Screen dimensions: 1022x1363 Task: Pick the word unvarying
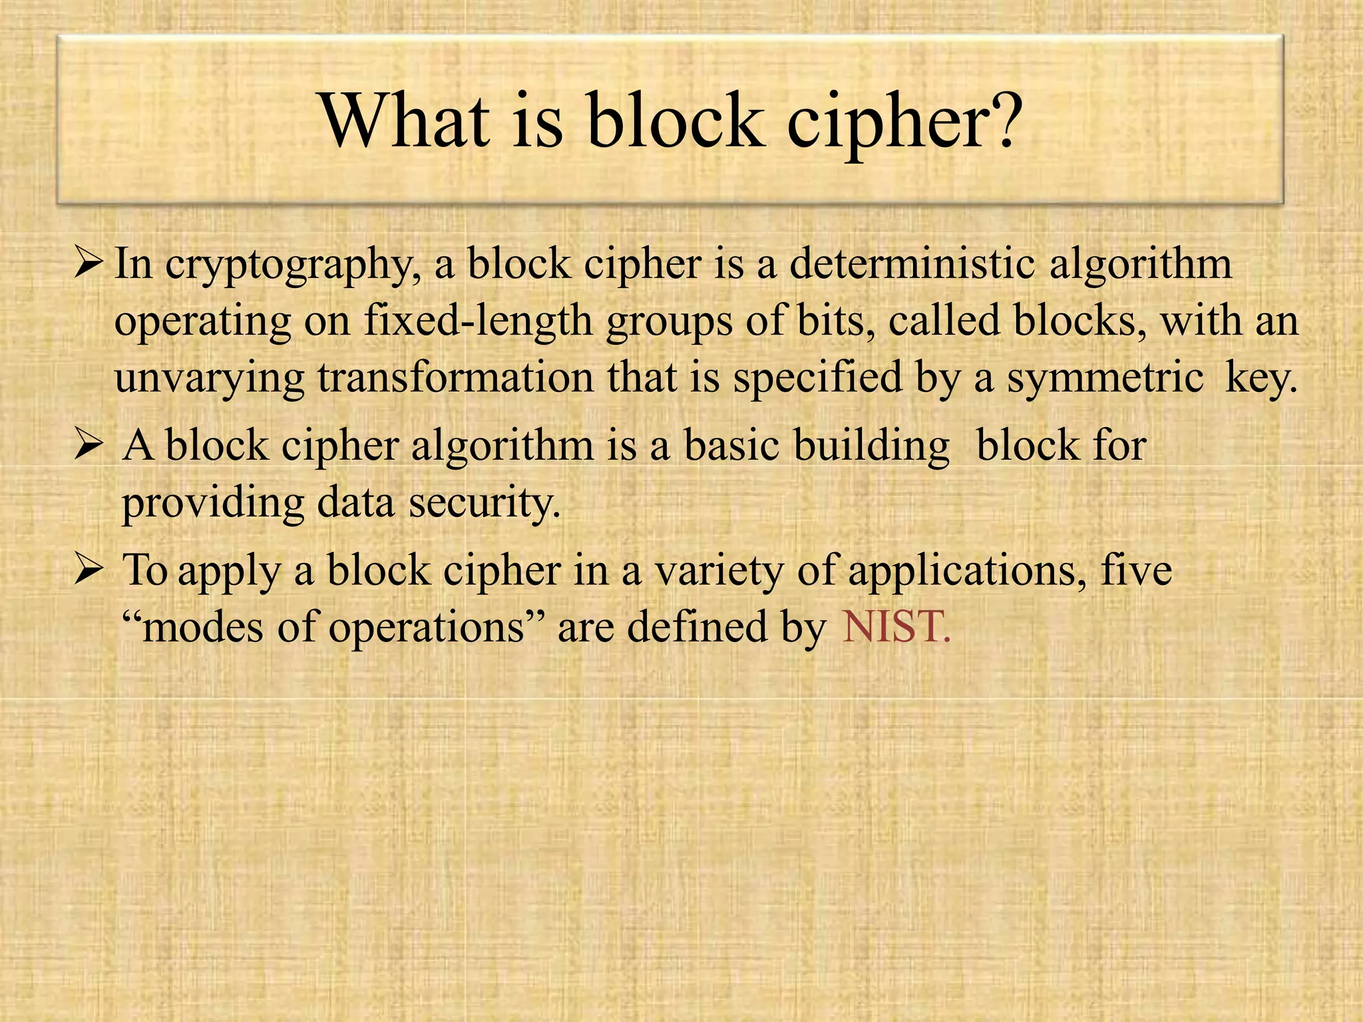[209, 379]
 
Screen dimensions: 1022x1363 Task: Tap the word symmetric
[1105, 377]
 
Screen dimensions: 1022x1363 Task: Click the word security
[484, 503]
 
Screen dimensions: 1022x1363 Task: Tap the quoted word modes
[203, 627]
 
